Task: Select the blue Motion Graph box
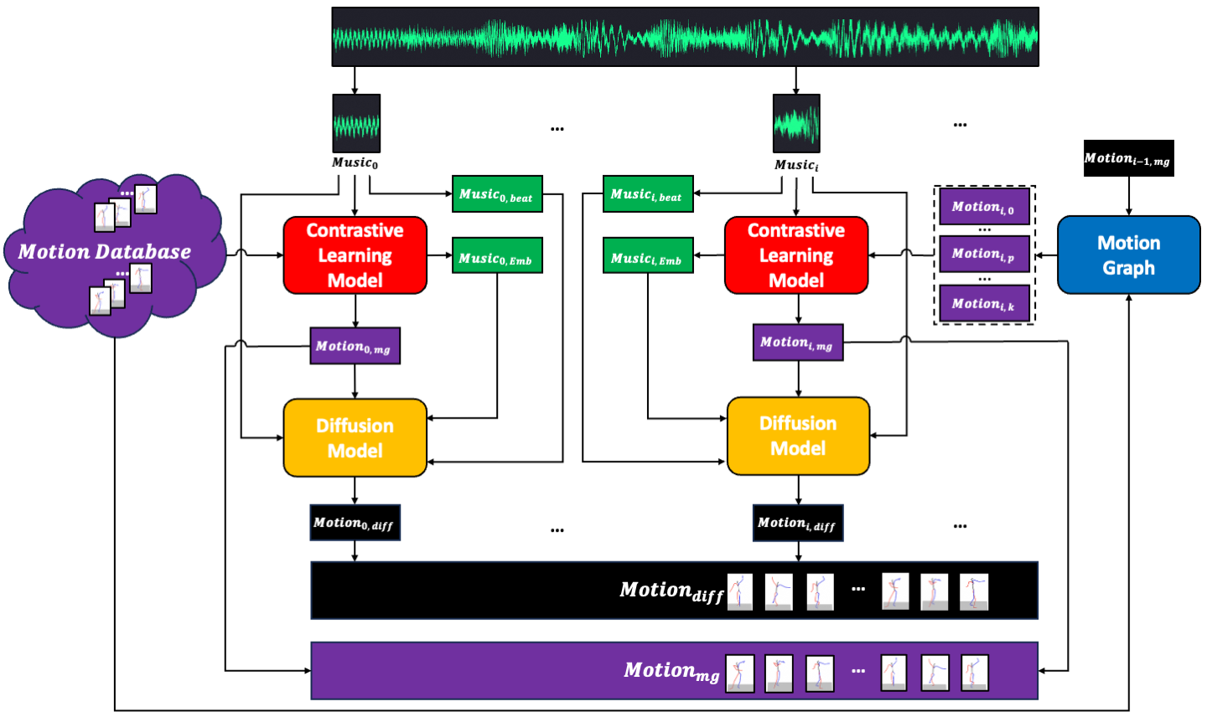click(x=1129, y=255)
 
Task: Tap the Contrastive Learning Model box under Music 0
click(x=355, y=255)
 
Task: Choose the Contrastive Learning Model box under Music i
click(x=796, y=255)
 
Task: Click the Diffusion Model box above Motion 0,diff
click(x=355, y=437)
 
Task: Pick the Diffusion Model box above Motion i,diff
click(x=798, y=436)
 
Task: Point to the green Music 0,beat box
click(x=497, y=193)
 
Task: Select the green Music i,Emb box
click(x=648, y=255)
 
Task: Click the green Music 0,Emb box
click(x=497, y=255)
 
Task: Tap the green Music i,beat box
click(x=648, y=193)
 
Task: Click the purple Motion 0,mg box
click(x=355, y=346)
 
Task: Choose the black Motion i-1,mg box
click(x=1129, y=158)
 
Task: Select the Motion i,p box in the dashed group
click(x=984, y=254)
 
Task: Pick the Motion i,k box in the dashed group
click(x=984, y=303)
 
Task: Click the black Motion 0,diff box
click(x=355, y=523)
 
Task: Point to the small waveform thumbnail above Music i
click(x=796, y=123)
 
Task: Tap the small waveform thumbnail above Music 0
click(x=356, y=123)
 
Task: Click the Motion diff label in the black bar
click(x=671, y=591)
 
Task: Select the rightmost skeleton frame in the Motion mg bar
click(x=975, y=673)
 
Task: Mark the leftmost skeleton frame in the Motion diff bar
click(x=740, y=591)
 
